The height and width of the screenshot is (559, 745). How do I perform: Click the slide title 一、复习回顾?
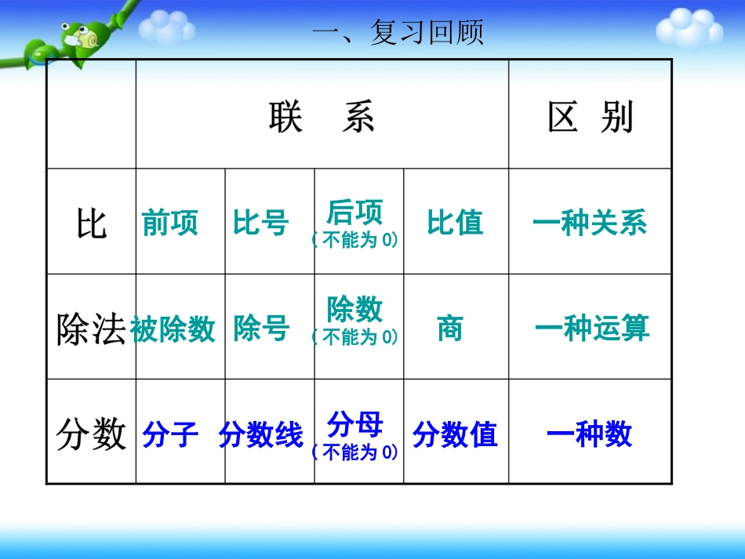398,33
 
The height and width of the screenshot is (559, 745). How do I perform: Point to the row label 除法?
91,329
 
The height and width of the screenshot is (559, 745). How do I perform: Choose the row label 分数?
91,434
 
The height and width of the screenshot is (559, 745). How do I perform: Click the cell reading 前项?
170,223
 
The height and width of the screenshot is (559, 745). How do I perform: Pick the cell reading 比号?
261,223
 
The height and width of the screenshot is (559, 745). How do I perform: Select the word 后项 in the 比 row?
355,212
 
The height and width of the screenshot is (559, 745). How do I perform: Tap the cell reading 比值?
455,223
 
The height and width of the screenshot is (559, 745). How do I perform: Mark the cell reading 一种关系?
590,223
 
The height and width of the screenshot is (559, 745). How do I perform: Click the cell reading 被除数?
173,329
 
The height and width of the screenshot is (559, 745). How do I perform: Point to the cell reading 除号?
261,329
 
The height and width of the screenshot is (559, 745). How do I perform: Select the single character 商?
450,329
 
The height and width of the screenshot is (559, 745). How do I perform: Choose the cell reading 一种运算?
592,329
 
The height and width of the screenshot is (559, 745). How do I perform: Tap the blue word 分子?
170,434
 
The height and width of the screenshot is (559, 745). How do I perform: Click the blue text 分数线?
261,434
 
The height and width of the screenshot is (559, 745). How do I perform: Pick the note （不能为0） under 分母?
355,452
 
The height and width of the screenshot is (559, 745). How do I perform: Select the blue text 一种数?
590,434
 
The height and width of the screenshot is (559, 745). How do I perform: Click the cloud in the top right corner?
689,27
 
